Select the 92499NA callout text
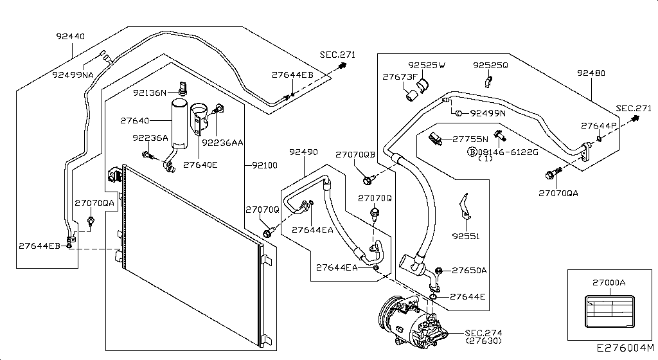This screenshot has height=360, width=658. coord(73,75)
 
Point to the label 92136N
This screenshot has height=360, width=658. coord(150,93)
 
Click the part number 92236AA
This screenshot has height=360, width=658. coord(222,143)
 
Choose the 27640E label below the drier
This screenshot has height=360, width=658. coord(200,165)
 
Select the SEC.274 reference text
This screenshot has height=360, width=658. coord(482,332)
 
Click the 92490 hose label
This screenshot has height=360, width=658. coord(303,152)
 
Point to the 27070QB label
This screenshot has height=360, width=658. coord(355,154)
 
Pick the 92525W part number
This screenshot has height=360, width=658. coord(427,66)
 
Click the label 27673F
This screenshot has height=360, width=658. coord(400,76)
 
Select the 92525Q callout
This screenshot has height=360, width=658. coord(490,66)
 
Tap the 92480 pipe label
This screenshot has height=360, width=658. coord(591,73)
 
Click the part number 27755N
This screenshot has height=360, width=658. coord(470,138)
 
